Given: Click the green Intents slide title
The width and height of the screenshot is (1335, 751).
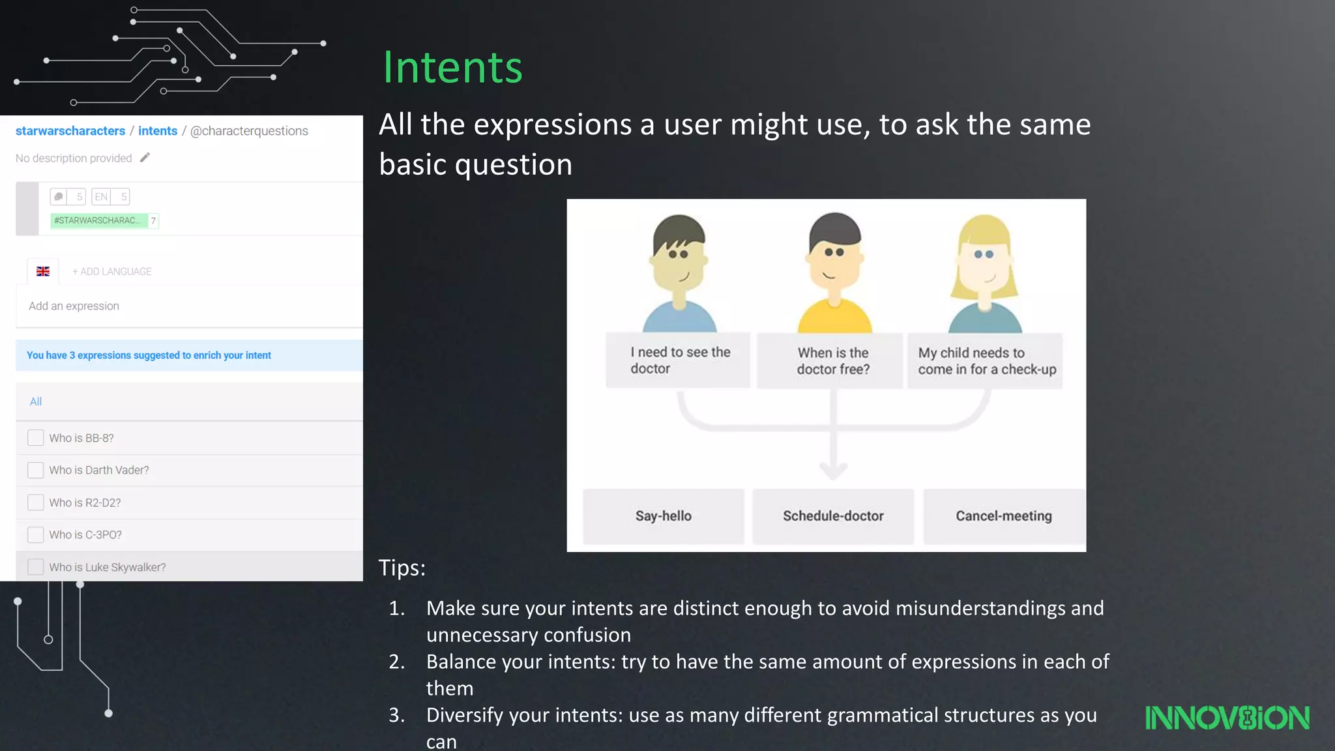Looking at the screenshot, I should pyautogui.click(x=452, y=67).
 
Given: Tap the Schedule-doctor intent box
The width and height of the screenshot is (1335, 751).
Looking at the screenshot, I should pyautogui.click(x=833, y=516).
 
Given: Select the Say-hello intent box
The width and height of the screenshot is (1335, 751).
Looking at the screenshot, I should pyautogui.click(x=663, y=516).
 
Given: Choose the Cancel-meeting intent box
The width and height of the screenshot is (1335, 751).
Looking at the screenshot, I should pyautogui.click(x=1004, y=516).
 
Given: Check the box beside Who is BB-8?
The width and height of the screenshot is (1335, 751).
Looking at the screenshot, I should pyautogui.click(x=36, y=437).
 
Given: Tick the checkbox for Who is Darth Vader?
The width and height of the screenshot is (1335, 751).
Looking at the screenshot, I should pyautogui.click(x=36, y=470).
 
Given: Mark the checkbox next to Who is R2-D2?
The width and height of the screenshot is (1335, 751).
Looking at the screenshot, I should pyautogui.click(x=36, y=503).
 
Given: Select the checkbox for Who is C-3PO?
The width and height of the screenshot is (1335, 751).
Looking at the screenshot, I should pyautogui.click(x=36, y=535).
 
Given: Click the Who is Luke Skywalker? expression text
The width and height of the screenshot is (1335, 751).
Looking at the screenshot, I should pyautogui.click(x=108, y=567).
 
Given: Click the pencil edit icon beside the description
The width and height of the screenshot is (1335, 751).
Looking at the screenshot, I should pyautogui.click(x=145, y=158).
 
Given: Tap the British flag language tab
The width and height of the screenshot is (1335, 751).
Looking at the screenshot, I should pyautogui.click(x=43, y=271).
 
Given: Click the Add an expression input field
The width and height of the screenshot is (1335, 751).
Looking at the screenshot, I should pyautogui.click(x=189, y=306).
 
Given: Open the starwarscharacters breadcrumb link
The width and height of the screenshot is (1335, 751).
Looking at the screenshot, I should pyautogui.click(x=70, y=131).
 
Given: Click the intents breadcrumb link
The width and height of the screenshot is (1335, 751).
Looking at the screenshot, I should pyautogui.click(x=158, y=131).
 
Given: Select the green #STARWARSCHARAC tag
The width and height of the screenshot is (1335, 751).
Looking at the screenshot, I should pyautogui.click(x=98, y=220).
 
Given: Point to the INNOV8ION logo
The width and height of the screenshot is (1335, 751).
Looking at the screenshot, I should pyautogui.click(x=1227, y=718).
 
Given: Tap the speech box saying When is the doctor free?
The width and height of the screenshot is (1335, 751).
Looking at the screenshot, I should pyautogui.click(x=832, y=361).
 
